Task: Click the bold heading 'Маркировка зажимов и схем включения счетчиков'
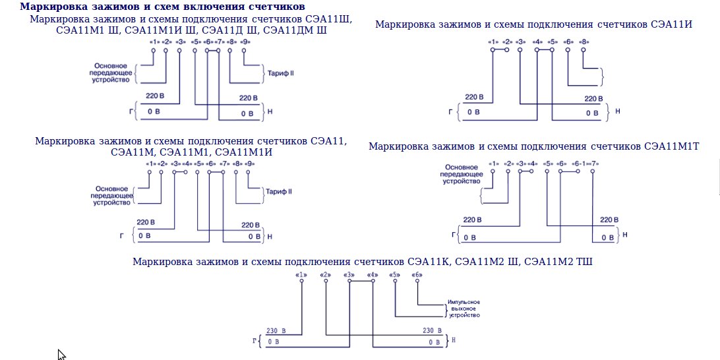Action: [162, 7]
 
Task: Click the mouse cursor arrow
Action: [61, 355]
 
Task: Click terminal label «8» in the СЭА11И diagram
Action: [584, 42]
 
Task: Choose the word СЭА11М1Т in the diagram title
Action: [672, 146]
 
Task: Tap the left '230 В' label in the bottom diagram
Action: [276, 331]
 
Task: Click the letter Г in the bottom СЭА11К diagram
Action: [255, 340]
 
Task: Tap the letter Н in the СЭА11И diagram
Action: [617, 111]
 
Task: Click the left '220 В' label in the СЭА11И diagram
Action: [474, 98]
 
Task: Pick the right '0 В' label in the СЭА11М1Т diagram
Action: [607, 237]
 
